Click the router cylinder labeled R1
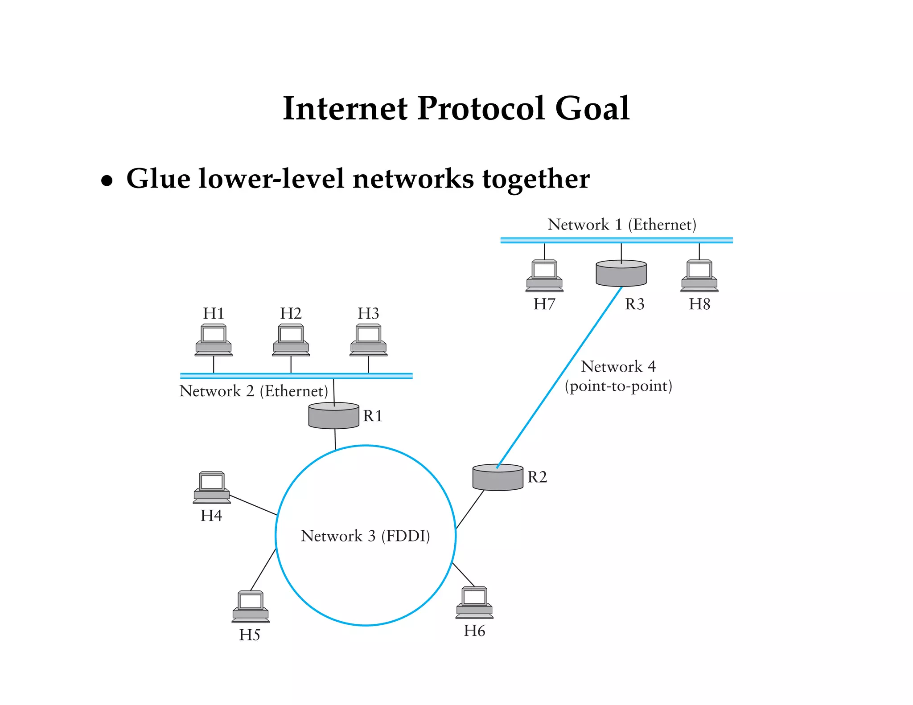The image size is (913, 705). point(333,416)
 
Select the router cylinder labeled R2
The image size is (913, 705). point(498,477)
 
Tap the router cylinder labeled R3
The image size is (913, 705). point(621,273)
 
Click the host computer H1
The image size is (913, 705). point(214,340)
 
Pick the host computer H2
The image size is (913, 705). point(291,340)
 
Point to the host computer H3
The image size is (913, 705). point(368,340)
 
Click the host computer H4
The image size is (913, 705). point(212,488)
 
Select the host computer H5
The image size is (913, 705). point(251,607)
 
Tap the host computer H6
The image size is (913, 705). point(474,603)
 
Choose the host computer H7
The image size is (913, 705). point(544,276)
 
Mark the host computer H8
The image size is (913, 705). point(699,276)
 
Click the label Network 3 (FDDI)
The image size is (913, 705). point(365,536)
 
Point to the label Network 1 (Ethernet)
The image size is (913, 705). point(621,225)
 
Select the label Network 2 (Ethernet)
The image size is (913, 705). point(254,391)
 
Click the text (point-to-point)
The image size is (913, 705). point(618,386)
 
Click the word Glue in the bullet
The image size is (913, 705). point(158,179)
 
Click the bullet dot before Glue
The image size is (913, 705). point(107,181)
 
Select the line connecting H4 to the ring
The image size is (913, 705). point(253,505)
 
